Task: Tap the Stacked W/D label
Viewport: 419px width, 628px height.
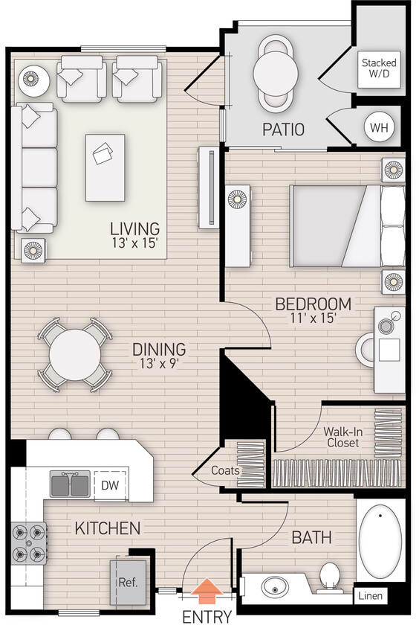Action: pyautogui.click(x=378, y=68)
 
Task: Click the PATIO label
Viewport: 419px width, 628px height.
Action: pyautogui.click(x=283, y=129)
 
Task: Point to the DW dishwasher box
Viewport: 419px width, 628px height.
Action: pyautogui.click(x=110, y=486)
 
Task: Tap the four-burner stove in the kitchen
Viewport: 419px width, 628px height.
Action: pyautogui.click(x=28, y=543)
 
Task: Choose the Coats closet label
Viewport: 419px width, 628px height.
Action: pyautogui.click(x=225, y=470)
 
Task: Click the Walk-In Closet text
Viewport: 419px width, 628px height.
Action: pyautogui.click(x=341, y=437)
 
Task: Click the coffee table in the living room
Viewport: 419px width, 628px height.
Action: pyautogui.click(x=105, y=167)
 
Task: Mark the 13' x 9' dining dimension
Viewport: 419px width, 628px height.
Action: pyautogui.click(x=158, y=363)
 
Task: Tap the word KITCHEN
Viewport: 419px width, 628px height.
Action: pyautogui.click(x=107, y=528)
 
